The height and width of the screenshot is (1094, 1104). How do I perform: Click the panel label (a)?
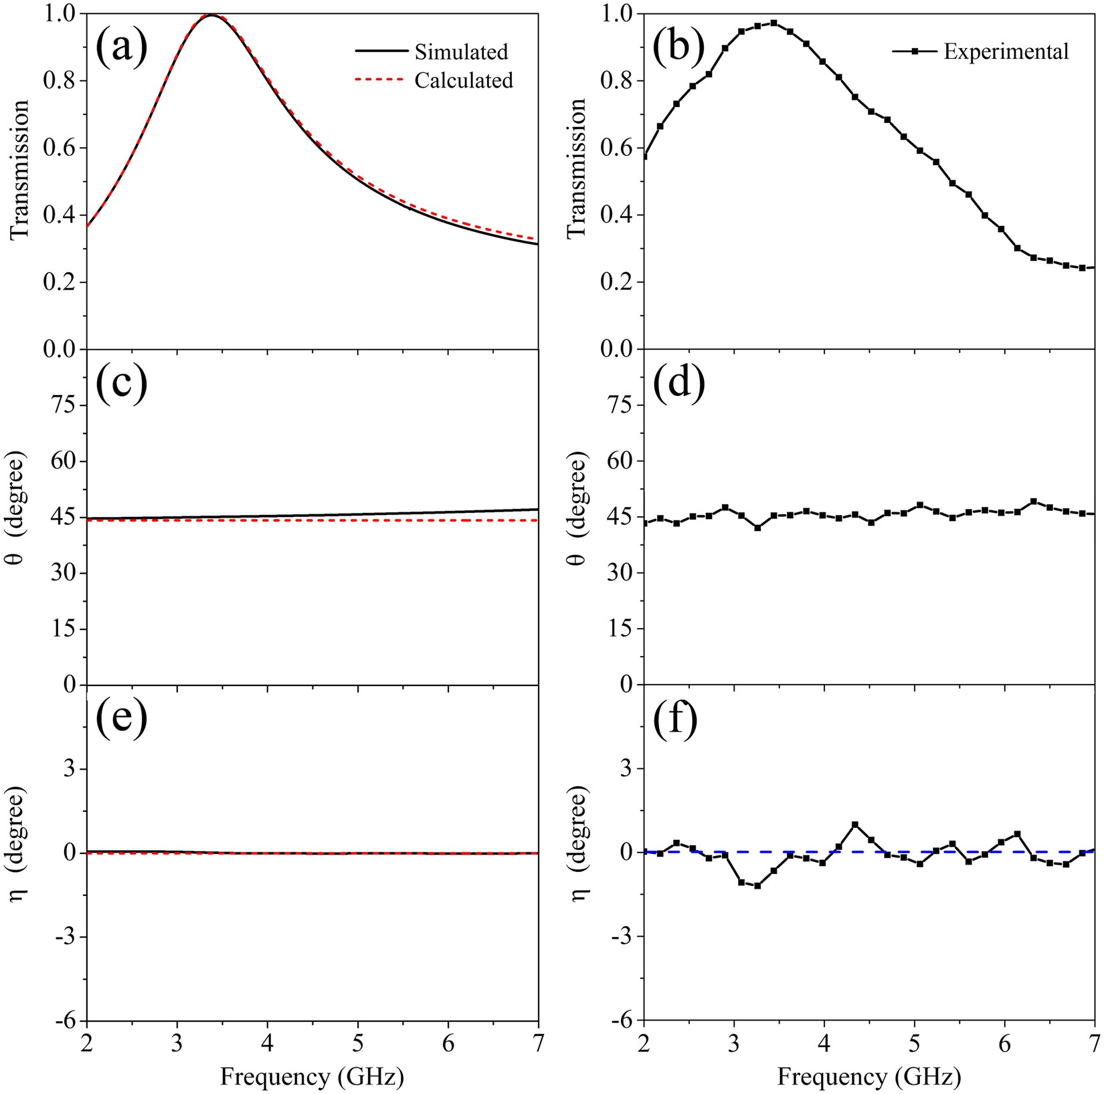[121, 48]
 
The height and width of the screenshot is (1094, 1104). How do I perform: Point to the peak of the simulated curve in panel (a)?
[211, 15]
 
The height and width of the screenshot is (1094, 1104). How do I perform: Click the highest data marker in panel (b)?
[773, 23]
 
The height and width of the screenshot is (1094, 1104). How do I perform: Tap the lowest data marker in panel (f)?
[757, 885]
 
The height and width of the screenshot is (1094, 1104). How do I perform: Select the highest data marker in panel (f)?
[855, 825]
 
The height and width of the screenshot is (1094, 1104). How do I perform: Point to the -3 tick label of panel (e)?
[64, 937]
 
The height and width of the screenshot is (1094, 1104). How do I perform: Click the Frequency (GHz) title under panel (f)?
[868, 1076]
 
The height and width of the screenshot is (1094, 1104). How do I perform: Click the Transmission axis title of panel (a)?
[20, 169]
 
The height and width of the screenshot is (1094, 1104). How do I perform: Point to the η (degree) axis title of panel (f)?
[579, 852]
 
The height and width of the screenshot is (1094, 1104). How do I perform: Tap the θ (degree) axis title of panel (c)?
[20, 517]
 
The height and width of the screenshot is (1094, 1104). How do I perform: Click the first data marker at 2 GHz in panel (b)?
[644, 156]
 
